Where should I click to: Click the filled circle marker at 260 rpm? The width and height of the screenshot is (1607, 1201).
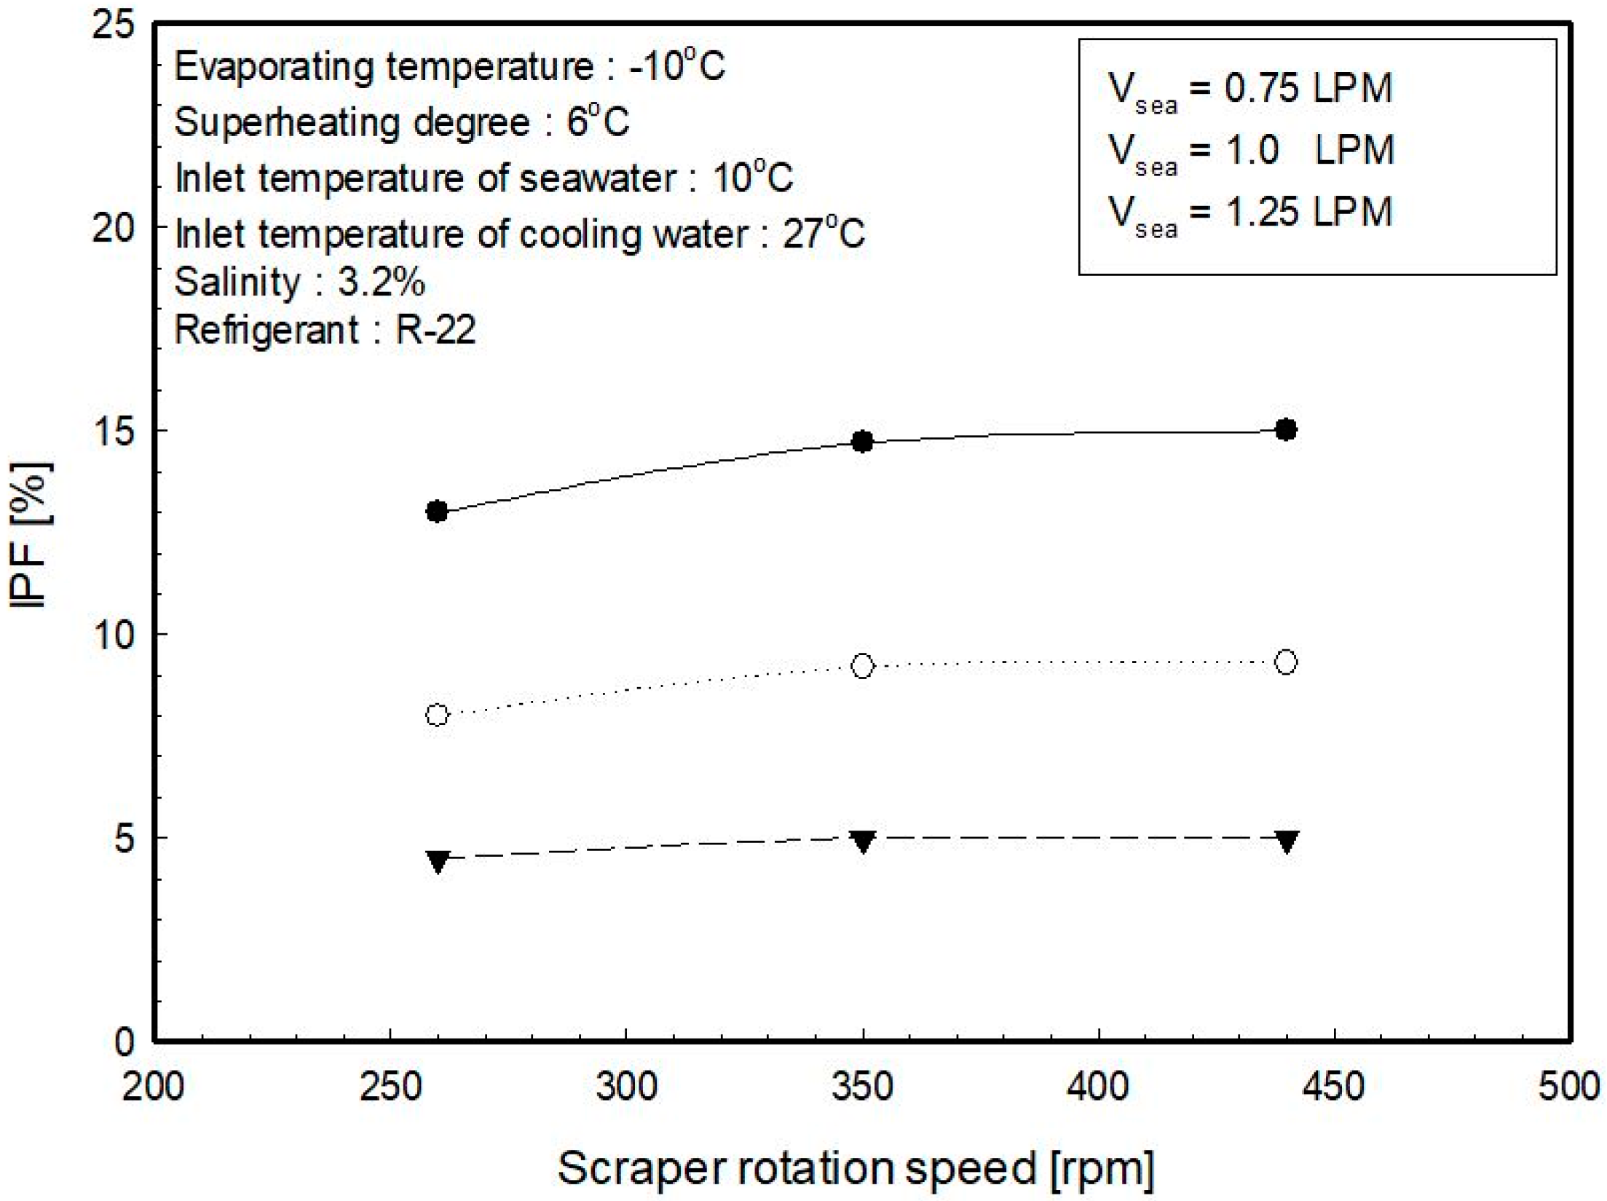pos(437,512)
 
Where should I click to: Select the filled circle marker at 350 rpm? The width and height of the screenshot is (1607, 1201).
pos(862,441)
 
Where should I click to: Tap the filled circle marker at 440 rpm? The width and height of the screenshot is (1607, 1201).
pos(1286,429)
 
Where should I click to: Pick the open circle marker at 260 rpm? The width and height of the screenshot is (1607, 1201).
pos(437,715)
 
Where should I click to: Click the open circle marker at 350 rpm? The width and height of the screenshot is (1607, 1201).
pos(862,665)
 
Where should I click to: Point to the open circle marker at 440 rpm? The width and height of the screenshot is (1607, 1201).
pos(1286,662)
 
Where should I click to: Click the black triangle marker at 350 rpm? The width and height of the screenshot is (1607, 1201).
pos(863,841)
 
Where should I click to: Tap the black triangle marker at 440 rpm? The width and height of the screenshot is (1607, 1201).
pos(1287,841)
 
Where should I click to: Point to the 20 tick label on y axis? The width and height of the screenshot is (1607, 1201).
pos(114,228)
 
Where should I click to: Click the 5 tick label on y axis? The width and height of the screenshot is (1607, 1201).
pos(124,838)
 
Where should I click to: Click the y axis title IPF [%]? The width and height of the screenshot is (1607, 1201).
pos(31,535)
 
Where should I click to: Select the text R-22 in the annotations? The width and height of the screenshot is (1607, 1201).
pos(435,330)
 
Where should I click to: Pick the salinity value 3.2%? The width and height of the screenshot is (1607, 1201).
pos(381,282)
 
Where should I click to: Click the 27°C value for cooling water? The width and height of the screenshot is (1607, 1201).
pos(824,234)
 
